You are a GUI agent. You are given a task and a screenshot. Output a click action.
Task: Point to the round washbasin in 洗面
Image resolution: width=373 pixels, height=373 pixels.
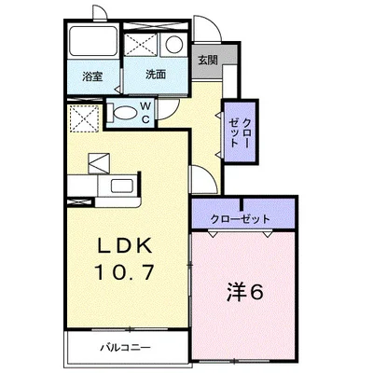click(173, 45)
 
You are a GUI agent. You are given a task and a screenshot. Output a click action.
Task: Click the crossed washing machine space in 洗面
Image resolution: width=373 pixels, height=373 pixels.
click(143, 45)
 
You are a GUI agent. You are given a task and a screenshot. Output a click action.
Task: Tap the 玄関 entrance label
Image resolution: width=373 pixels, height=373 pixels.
click(207, 62)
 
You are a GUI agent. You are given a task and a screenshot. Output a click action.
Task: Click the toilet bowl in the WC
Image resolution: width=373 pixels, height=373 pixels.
click(121, 114)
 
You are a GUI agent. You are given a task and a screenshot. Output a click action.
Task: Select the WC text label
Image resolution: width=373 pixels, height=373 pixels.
click(146, 113)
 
